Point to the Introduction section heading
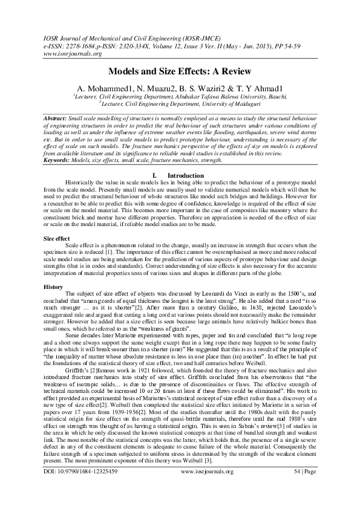[x=187, y=158]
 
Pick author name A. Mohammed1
[x=102, y=88]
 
